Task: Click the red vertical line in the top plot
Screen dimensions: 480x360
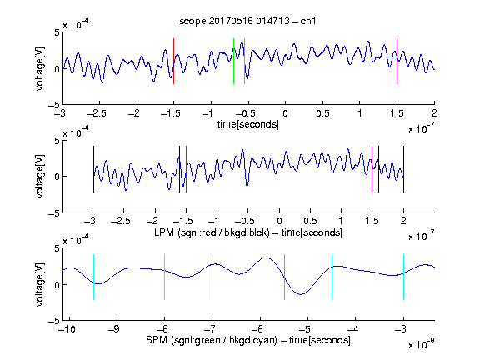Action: (x=173, y=61)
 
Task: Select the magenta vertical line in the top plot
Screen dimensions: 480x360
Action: (x=397, y=61)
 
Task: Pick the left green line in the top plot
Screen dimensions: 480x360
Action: (x=233, y=61)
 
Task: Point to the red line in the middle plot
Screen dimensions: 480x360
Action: (x=186, y=169)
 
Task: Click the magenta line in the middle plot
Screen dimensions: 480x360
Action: (x=372, y=169)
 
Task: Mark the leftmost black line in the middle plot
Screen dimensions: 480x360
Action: (x=93, y=169)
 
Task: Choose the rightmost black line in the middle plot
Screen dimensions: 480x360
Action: (x=403, y=169)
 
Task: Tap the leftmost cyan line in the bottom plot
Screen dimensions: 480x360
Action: (x=93, y=277)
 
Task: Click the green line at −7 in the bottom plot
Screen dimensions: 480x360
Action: (x=212, y=277)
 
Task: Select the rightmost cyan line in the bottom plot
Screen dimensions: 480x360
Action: (x=403, y=277)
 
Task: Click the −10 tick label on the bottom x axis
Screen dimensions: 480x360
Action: (x=67, y=329)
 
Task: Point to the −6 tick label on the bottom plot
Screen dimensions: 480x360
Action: (x=257, y=329)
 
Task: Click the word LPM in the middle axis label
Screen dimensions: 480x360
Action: (x=164, y=232)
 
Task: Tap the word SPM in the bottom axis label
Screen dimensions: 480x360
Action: (x=157, y=340)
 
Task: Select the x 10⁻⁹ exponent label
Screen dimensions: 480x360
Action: (x=422, y=344)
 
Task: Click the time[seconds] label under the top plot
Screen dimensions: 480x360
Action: (x=248, y=125)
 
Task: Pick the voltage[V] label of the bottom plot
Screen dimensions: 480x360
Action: (x=40, y=284)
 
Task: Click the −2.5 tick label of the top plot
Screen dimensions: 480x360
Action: (x=96, y=113)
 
